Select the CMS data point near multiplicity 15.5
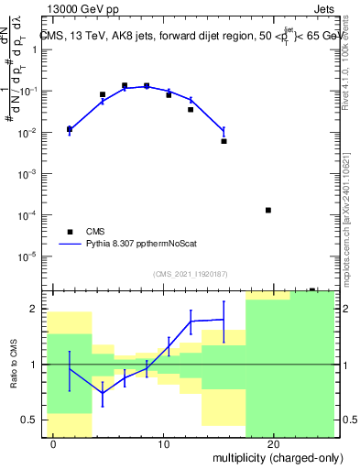(224, 141)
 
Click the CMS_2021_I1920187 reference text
(190, 274)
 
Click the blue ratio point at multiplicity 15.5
(224, 319)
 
